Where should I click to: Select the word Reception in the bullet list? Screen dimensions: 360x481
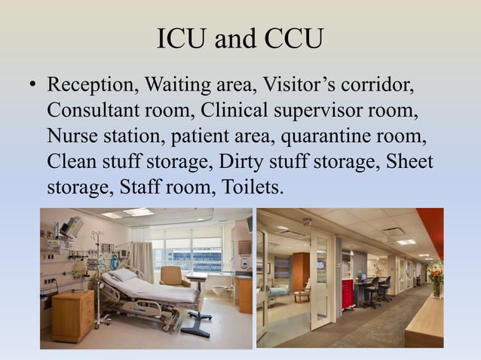(90, 84)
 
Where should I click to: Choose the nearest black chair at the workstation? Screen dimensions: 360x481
(372, 291)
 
